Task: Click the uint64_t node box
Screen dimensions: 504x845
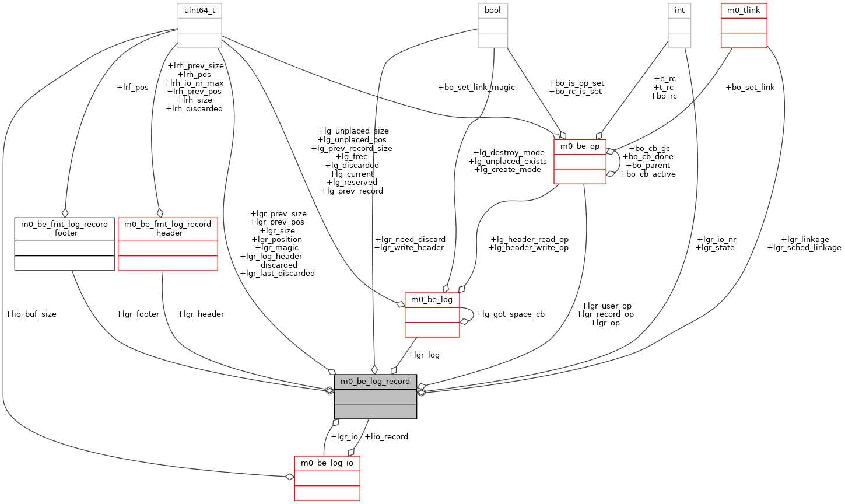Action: coord(199,25)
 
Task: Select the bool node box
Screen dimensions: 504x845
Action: coord(493,25)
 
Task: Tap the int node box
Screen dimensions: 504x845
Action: coord(679,25)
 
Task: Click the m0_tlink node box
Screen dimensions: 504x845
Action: coord(744,25)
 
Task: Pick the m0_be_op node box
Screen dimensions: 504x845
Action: coord(580,162)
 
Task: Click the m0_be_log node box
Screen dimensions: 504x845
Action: coord(432,315)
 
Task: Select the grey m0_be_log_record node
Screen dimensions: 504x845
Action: coord(376,396)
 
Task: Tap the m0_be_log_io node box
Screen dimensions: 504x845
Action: coord(327,478)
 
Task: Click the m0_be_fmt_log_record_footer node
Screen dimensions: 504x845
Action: coord(64,244)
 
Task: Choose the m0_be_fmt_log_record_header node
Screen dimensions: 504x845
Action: coord(168,244)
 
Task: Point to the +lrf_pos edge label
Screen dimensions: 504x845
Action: coord(132,87)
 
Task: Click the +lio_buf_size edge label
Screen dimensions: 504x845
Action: coord(31,314)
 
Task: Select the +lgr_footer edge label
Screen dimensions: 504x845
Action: coord(138,314)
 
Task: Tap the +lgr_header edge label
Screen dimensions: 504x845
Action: coord(201,314)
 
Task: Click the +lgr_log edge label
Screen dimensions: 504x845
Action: coord(424,355)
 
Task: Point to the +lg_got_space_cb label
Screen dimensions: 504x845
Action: coord(510,314)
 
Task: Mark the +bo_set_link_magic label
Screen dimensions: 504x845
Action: coord(476,87)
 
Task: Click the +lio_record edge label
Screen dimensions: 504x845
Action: coord(386,436)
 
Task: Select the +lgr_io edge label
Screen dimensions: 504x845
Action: coord(344,436)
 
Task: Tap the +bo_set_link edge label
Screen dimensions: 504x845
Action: coord(750,87)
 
